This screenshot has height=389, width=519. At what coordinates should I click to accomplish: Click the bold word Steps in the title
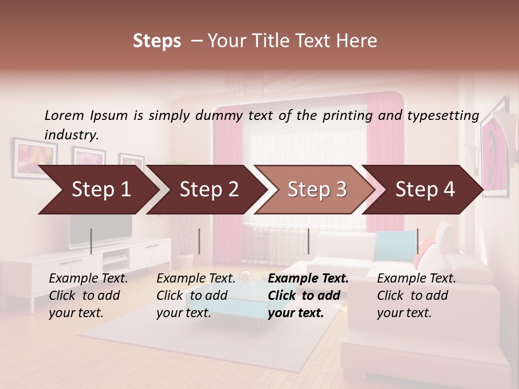[157, 41]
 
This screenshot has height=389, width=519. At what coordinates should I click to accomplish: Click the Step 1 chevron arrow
[101, 189]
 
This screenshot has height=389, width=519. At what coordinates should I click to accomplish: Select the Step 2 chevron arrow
[209, 189]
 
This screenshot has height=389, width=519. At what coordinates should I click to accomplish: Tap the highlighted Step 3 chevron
[317, 189]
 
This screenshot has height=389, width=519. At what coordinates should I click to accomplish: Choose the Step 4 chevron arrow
[425, 189]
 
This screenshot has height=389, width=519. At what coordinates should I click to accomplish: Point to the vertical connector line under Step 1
[91, 241]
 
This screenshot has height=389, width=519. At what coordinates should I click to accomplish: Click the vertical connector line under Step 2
[199, 241]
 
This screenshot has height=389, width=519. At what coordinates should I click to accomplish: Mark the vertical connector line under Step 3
[308, 241]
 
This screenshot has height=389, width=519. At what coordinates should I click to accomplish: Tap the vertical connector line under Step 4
[417, 241]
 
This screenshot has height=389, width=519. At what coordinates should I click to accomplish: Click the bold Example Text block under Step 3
[308, 296]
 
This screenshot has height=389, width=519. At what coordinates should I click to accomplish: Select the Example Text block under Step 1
[88, 296]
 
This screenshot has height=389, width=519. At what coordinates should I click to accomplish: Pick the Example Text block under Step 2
[196, 296]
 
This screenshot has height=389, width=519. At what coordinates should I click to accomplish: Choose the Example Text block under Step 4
[416, 296]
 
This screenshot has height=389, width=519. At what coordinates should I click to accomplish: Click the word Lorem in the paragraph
[64, 115]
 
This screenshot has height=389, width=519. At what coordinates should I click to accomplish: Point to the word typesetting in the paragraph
[443, 116]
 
